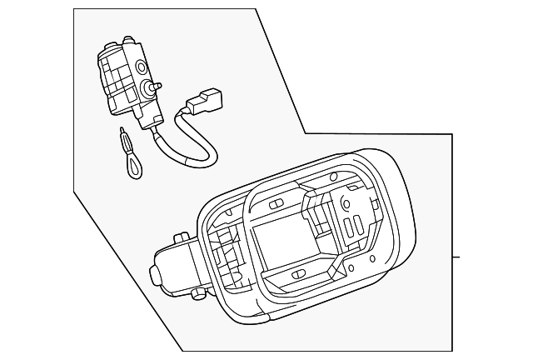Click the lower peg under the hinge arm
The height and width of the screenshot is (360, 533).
[197, 292]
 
